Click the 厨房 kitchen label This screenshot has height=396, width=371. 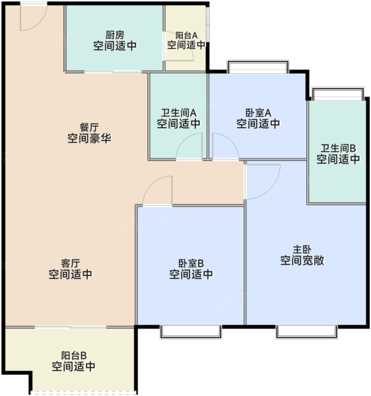point(115,35)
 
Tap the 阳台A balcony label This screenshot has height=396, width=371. point(186,36)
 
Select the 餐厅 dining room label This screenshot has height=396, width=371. point(89,127)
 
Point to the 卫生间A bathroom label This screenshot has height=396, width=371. point(178,113)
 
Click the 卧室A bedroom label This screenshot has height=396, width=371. point(258,113)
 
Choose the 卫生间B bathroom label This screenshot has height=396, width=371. point(338,148)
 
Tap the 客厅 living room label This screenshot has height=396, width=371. point(71,263)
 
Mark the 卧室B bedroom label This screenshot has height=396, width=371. point(191,263)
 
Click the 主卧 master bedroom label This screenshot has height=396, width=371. point(302,249)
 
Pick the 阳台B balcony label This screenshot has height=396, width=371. point(74,356)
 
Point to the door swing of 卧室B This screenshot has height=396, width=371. point(151,183)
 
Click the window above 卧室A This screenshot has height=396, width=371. point(258,67)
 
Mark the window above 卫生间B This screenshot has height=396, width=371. point(338,94)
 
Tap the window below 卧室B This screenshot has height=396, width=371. point(191,332)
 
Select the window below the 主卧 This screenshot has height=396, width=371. point(306,332)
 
